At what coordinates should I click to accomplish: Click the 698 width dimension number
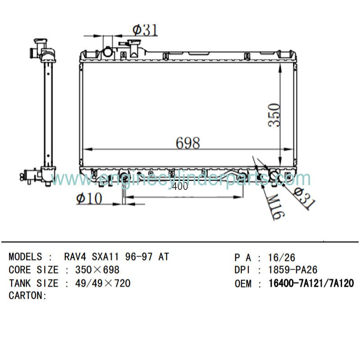[188, 143]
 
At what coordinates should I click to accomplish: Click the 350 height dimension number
[274, 115]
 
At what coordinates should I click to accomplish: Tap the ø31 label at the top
[145, 30]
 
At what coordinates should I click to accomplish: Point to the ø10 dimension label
[89, 198]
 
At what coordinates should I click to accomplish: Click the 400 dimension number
[180, 187]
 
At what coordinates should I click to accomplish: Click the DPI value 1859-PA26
[293, 270]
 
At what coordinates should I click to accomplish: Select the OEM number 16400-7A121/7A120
[311, 283]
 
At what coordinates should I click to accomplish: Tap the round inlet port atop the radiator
[108, 52]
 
